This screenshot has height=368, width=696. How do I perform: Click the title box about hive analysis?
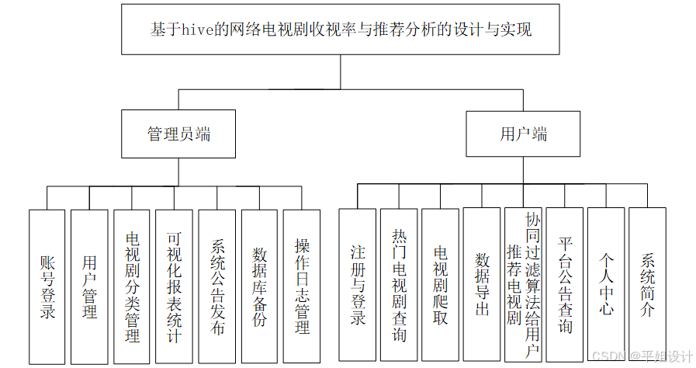(341, 30)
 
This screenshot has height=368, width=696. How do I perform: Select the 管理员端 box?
(178, 134)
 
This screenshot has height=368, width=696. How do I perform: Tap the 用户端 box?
(523, 134)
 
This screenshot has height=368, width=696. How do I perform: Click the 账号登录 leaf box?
(47, 286)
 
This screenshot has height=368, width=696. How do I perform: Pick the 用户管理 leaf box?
(89, 286)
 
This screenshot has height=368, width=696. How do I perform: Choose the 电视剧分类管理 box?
(132, 286)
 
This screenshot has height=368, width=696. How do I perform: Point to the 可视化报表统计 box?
(174, 286)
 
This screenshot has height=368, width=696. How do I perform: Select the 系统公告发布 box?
(216, 286)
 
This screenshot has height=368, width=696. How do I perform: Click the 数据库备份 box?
(259, 286)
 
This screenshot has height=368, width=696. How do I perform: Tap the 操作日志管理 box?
(301, 286)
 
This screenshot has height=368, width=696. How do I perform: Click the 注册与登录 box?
(357, 285)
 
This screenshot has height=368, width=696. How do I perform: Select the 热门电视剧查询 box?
(399, 285)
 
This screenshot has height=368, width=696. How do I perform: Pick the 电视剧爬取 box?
(440, 285)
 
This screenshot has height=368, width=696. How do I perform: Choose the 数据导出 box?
(482, 285)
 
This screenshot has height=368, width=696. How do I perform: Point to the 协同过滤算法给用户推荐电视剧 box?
(523, 285)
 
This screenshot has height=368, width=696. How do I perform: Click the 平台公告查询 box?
(565, 285)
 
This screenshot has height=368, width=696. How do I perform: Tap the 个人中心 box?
(606, 285)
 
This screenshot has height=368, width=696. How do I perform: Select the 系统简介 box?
(647, 285)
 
